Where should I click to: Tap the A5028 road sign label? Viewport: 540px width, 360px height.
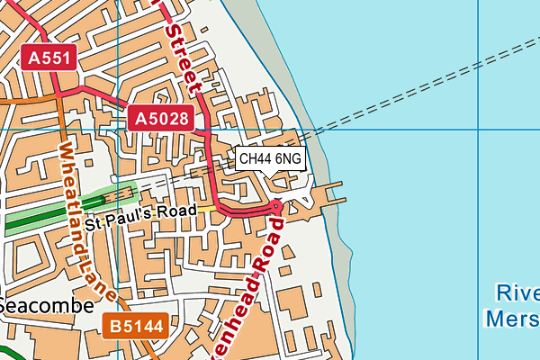pos(163,117)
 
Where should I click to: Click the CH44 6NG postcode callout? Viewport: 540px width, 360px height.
pos(270,159)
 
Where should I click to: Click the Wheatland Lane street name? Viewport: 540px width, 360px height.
pos(87,220)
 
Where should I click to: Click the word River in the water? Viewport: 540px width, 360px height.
pos(517,292)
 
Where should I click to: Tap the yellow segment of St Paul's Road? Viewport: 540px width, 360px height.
pos(207,210)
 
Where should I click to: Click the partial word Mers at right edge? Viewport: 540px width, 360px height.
pos(511,319)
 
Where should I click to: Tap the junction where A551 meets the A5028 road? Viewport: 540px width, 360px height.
pos(59,93)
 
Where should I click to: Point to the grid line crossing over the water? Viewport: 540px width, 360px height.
pos(423,130)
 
